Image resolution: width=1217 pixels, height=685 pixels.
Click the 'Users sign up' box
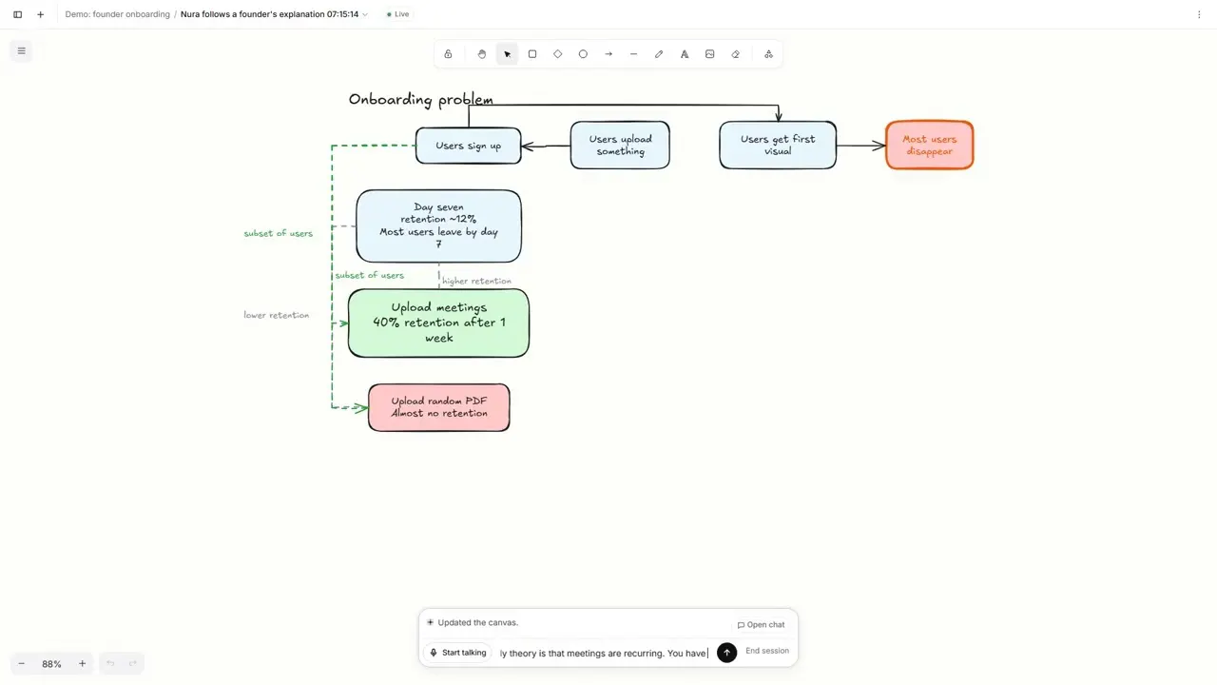tap(469, 146)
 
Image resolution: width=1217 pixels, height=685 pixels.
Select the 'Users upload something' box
tap(620, 146)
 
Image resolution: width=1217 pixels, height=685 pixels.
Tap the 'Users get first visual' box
tap(778, 146)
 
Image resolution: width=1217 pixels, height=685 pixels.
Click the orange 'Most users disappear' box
tap(930, 146)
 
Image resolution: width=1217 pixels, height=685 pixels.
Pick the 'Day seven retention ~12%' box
tap(439, 226)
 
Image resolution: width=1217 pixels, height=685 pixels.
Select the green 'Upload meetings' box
tap(439, 323)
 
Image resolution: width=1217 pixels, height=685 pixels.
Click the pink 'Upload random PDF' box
tap(439, 408)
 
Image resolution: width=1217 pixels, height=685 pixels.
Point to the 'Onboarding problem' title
tap(421, 100)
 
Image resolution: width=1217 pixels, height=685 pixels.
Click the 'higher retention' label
tap(476, 281)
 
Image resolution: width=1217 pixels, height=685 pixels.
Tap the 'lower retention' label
tap(276, 315)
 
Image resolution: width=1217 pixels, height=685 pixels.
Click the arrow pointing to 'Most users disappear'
tap(861, 146)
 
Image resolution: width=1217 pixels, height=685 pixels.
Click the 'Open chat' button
tap(761, 625)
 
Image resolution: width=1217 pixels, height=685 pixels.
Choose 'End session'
tap(767, 651)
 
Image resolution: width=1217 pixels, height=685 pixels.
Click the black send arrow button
tap(727, 653)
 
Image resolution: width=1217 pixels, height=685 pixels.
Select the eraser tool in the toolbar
tap(736, 54)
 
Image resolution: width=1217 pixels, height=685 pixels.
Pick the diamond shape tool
tap(558, 54)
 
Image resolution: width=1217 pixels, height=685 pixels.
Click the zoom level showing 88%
tap(51, 664)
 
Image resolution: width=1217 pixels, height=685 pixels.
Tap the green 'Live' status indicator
tap(398, 14)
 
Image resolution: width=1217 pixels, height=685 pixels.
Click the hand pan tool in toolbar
tap(482, 54)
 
